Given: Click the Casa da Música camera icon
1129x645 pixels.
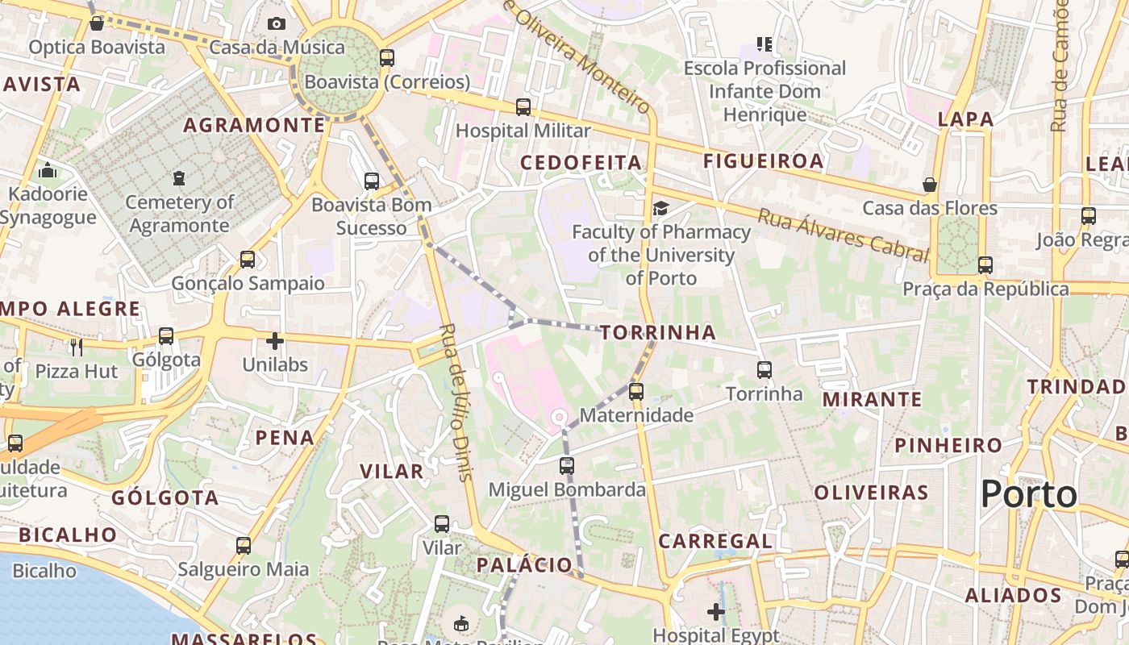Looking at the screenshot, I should pos(277,24).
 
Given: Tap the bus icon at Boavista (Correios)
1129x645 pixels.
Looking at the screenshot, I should pos(387,58).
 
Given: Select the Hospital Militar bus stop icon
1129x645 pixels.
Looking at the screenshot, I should pos(523,106).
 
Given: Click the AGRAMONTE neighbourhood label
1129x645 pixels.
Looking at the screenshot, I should pos(254,125).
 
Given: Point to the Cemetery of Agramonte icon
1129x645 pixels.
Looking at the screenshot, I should pos(179,178).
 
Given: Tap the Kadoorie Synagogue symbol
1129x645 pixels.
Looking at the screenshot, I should pos(48,170).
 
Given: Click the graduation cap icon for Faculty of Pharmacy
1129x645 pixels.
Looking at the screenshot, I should pos(660,209).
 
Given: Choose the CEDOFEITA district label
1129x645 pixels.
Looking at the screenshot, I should pos(581,163).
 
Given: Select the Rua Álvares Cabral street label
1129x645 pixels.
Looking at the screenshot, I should pos(844,235).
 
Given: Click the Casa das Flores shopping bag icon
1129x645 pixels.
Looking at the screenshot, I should pos(930,185).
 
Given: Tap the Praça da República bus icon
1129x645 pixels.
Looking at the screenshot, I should pos(985,264).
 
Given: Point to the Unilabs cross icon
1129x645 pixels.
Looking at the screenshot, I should pos(275,341).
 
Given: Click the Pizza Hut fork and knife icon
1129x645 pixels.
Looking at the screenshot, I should pos(77,347).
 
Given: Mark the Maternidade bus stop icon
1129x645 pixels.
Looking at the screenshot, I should pos(636,392).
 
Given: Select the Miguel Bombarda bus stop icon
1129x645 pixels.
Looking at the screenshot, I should pos(567,466).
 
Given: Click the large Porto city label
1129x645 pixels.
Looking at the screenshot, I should pos(1029,493).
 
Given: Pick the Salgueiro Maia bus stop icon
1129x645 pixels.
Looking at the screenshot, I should pos(244,546).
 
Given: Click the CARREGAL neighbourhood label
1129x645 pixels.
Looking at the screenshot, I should pos(715,541).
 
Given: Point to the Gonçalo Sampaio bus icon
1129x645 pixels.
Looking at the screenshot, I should pos(248,260).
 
